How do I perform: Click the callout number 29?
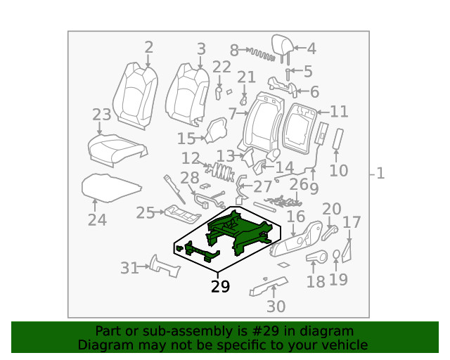pos(220,287)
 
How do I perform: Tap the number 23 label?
pos(101,115)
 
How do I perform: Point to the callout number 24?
pos(97,220)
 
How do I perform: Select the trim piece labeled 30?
pos(269,286)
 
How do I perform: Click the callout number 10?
pos(338,171)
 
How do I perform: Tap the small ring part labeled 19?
pos(337,255)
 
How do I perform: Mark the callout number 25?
pos(145,212)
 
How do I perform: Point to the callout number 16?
pos(296,217)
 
